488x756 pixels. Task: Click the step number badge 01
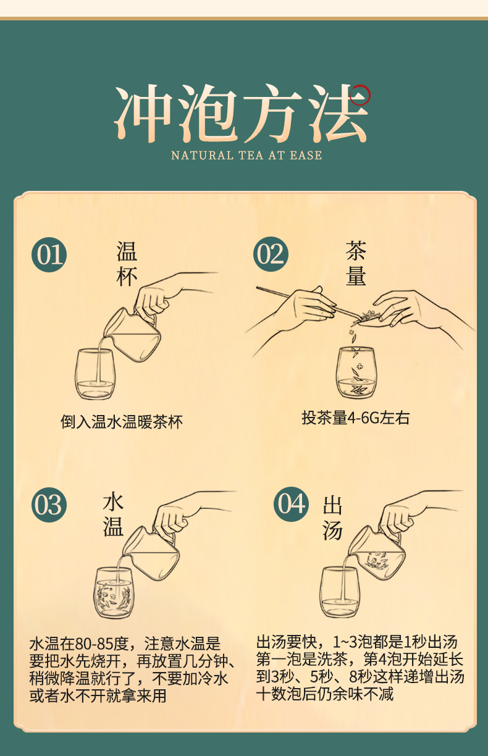click(x=49, y=254)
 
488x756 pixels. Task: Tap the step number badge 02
click(x=271, y=254)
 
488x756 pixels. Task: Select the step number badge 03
click(x=49, y=505)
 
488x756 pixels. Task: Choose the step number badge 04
click(x=291, y=503)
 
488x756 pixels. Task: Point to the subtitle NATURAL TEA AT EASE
click(x=246, y=155)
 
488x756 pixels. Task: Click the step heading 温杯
click(x=127, y=264)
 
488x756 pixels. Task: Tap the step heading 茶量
click(x=356, y=264)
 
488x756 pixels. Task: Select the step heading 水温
click(x=113, y=514)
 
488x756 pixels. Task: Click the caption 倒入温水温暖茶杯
click(x=122, y=422)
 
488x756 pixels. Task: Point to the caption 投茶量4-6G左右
click(x=355, y=418)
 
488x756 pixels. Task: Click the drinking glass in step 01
click(x=95, y=374)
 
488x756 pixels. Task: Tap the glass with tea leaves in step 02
click(x=355, y=372)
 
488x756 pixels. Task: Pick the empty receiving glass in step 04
click(x=339, y=591)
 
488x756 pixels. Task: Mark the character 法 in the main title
click(x=338, y=114)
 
